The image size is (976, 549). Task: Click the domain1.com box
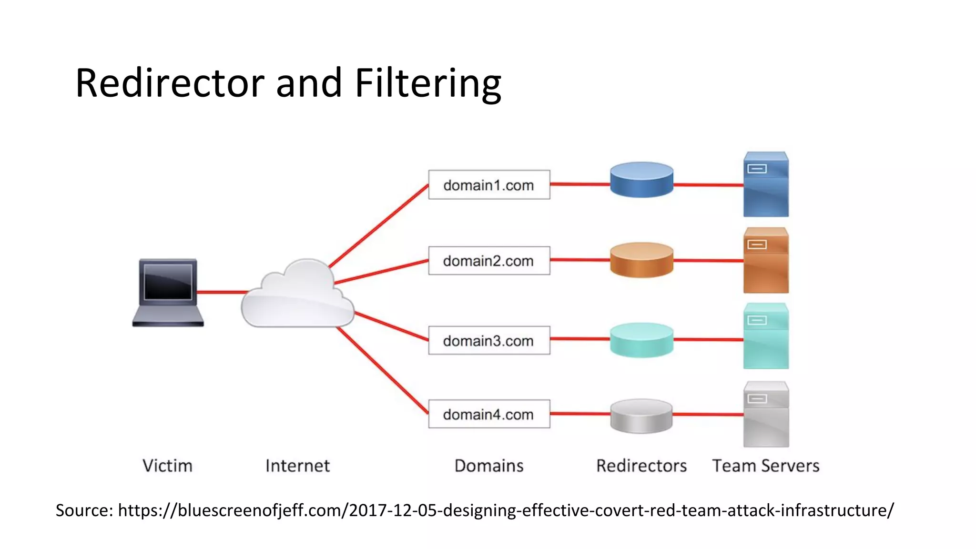click(x=489, y=185)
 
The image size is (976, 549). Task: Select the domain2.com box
click(x=489, y=261)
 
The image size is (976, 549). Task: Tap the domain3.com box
click(x=489, y=340)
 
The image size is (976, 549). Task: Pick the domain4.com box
click(x=489, y=414)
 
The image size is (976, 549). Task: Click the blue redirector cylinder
click(x=641, y=180)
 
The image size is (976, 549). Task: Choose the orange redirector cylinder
click(x=641, y=260)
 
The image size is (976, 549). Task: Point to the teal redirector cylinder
click(x=641, y=340)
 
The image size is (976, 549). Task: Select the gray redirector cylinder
click(x=641, y=416)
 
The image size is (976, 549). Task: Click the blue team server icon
click(x=766, y=185)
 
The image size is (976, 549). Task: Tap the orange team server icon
click(x=766, y=261)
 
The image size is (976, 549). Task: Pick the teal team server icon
click(x=766, y=336)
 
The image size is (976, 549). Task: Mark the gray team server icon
click(x=766, y=414)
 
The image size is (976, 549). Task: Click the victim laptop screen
click(x=168, y=282)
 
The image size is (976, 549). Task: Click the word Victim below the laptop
click(x=167, y=466)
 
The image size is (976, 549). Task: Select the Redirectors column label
click(x=641, y=466)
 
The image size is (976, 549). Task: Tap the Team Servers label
click(x=766, y=466)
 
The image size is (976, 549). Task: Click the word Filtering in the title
click(x=427, y=83)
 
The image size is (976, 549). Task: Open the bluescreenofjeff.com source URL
click(x=506, y=510)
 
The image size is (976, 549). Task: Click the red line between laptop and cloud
click(x=222, y=292)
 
